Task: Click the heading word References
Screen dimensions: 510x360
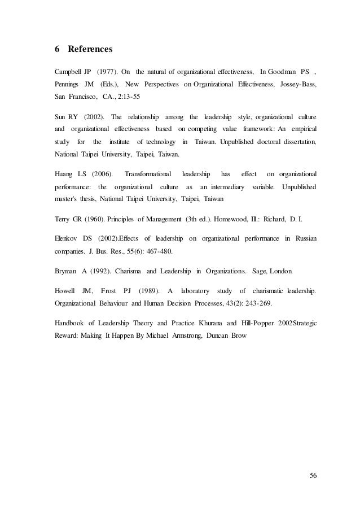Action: click(90, 49)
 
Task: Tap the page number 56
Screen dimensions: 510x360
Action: click(313, 475)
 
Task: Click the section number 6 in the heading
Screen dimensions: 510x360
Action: click(57, 49)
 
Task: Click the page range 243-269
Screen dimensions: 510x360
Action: click(254, 303)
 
